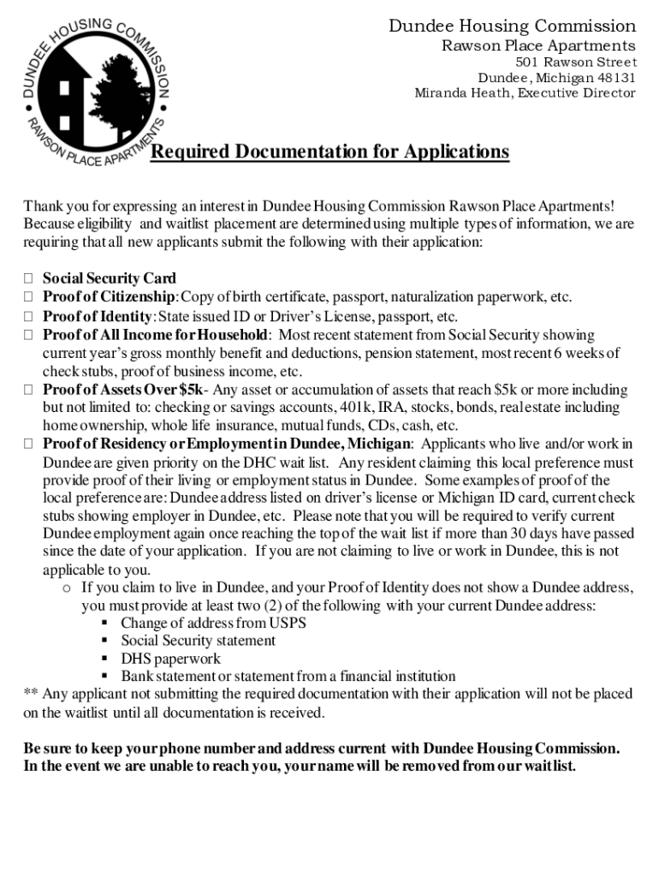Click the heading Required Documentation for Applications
pyautogui.click(x=329, y=152)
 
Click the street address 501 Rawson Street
pyautogui.click(x=576, y=63)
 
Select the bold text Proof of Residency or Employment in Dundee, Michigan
pyautogui.click(x=228, y=444)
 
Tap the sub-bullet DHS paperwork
pyautogui.click(x=170, y=659)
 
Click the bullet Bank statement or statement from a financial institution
pyautogui.click(x=288, y=677)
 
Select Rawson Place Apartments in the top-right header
pyautogui.click(x=538, y=45)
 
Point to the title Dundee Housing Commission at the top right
pyautogui.click(x=512, y=26)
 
